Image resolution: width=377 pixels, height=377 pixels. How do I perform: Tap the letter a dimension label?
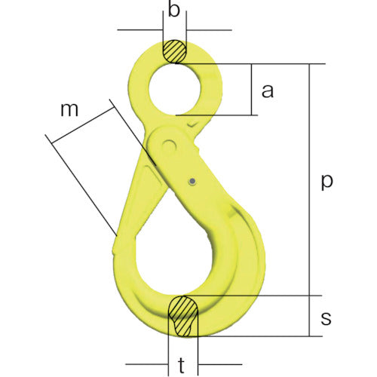(x=265, y=91)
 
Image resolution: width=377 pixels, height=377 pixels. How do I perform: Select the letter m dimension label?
(x=70, y=109)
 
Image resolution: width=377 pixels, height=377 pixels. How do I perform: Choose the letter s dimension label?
(x=326, y=317)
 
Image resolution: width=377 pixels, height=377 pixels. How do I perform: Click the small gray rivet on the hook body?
(x=193, y=180)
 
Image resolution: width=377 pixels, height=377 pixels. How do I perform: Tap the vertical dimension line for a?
(x=250, y=90)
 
